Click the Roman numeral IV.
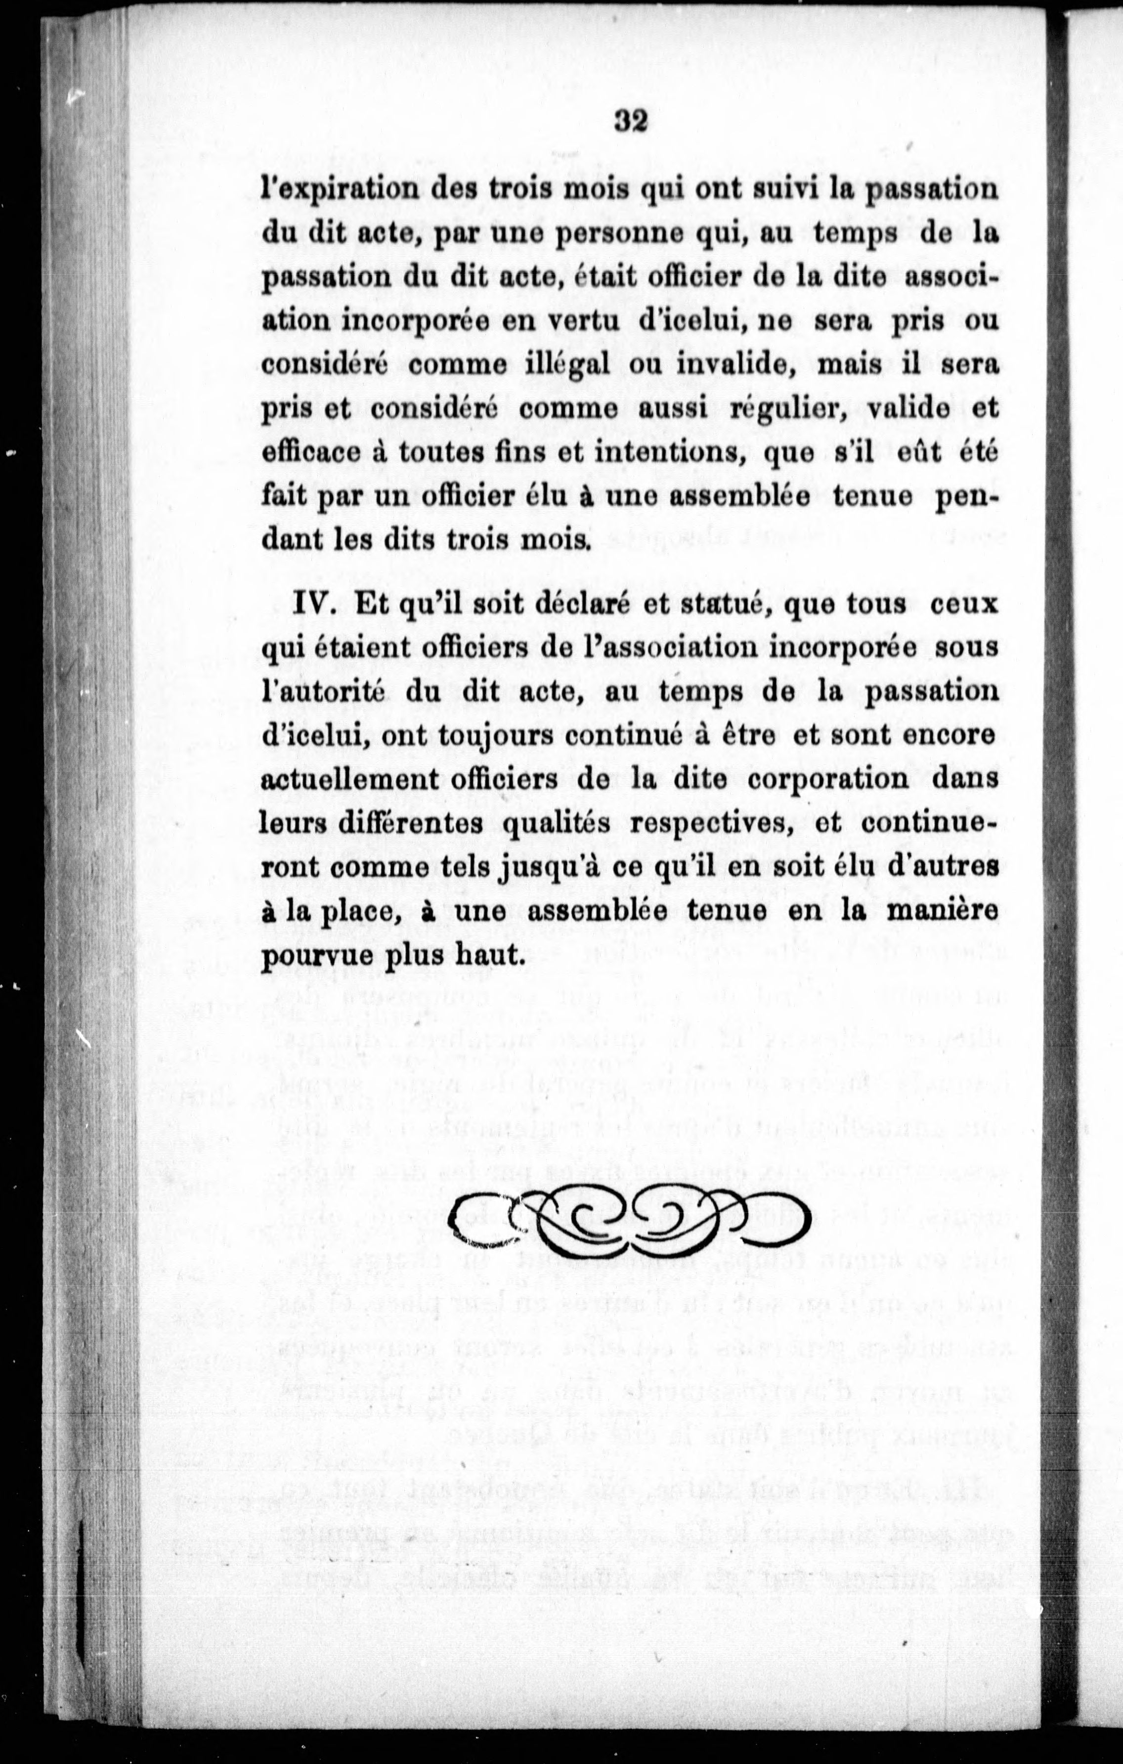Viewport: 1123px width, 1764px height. (313, 605)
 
